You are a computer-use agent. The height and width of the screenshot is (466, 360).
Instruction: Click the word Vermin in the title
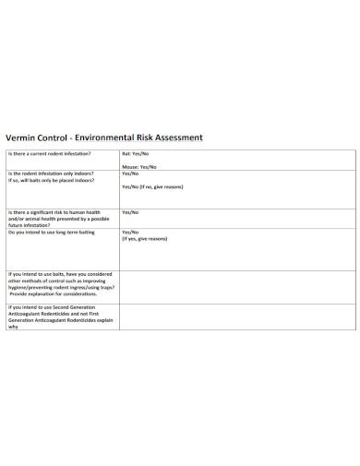point(24,137)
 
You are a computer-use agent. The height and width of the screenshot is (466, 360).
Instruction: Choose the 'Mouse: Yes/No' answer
point(139,167)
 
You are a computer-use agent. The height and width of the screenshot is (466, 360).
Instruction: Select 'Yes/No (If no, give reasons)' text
point(156,186)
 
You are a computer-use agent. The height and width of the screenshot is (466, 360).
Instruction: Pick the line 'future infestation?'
point(27,224)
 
